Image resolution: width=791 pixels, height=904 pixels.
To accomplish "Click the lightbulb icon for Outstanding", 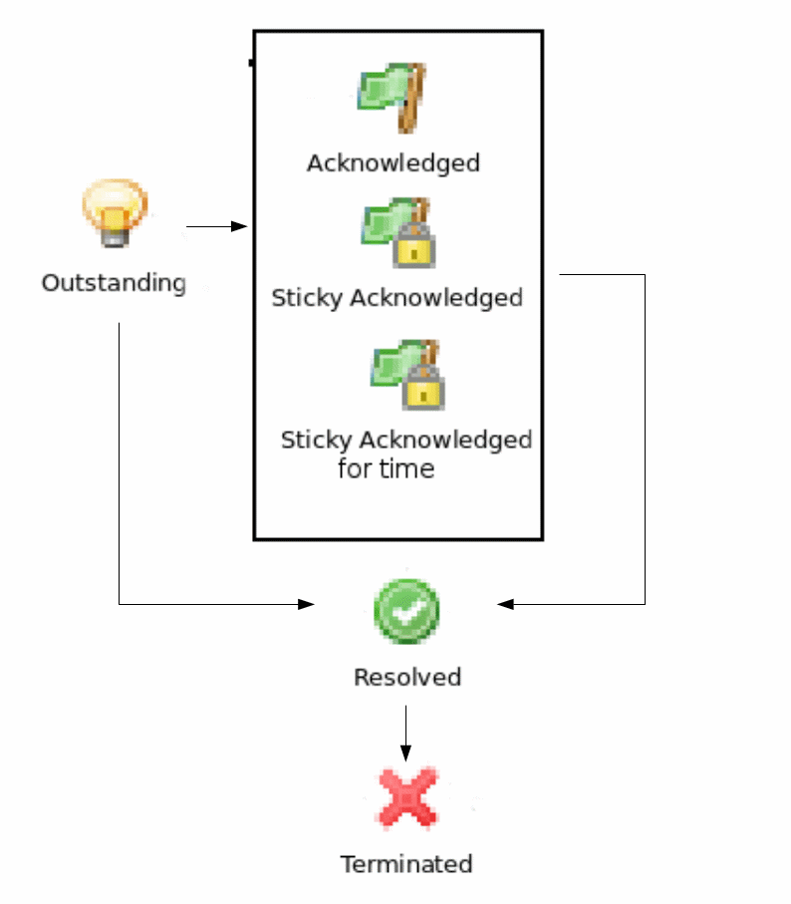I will pos(115,212).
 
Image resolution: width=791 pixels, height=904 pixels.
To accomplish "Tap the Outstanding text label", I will pos(114,283).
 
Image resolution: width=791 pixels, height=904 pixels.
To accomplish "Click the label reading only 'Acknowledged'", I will pos(393,162).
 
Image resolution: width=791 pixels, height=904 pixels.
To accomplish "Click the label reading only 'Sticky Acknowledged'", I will pos(396,298).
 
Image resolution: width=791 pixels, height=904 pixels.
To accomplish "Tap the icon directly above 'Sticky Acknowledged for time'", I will pos(407,374).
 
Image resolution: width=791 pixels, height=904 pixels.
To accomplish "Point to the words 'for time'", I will pos(386,468).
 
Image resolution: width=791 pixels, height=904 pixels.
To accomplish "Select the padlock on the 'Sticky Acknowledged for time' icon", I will pos(423,389).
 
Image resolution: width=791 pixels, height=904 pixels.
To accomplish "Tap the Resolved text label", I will pos(407,678).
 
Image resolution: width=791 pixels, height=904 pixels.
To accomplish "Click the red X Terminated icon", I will pos(406,797).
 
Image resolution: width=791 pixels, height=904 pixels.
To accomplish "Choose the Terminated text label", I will pos(406,864).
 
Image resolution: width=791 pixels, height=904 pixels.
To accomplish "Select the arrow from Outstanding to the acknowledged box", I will pos(216,227).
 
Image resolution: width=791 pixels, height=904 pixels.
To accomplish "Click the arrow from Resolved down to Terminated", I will pos(405,733).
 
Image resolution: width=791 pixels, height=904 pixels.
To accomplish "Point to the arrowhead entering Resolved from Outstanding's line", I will pos(307,604).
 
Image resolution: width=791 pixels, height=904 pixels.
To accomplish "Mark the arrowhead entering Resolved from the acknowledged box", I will pos(505,604).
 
